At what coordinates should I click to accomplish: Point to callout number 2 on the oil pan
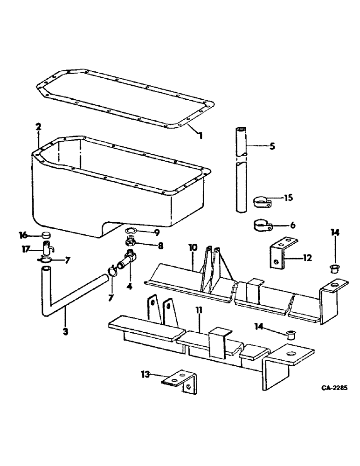coord(38,126)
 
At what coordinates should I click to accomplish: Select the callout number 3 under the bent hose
coord(65,331)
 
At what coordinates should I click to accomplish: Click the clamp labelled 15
coord(263,202)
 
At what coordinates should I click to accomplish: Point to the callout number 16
coord(22,234)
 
